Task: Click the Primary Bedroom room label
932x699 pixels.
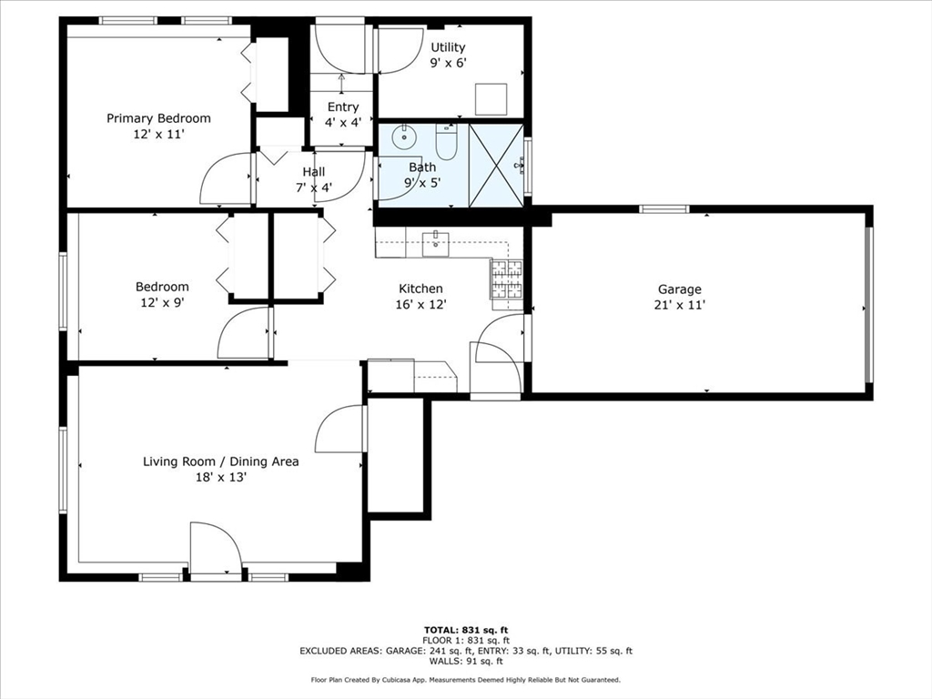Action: point(158,118)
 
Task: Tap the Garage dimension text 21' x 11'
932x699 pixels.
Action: point(680,306)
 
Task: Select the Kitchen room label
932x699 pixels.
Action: point(420,289)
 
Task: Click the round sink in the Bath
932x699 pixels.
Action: point(403,139)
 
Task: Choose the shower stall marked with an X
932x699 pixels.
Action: point(496,165)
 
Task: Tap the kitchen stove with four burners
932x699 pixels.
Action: point(507,279)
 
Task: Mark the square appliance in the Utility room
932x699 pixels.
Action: point(491,98)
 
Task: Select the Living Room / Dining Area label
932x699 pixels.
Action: point(220,461)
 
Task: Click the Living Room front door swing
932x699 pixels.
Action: point(217,549)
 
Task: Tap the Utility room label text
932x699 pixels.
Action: point(448,47)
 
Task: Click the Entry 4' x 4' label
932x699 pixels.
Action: point(343,114)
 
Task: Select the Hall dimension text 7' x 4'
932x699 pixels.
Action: point(313,188)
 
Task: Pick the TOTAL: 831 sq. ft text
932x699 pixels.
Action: point(466,630)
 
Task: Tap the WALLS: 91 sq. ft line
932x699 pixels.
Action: point(466,661)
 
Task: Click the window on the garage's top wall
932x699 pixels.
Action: point(664,209)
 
